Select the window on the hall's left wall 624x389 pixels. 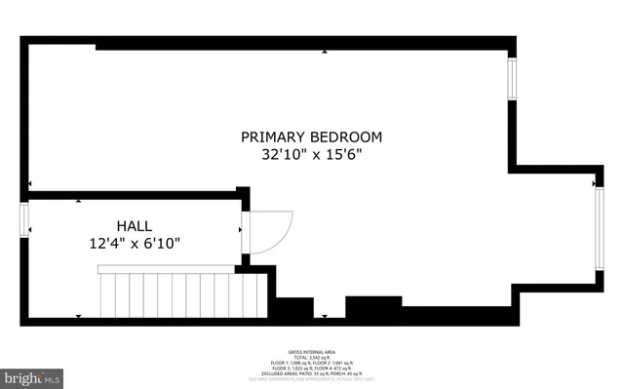(25, 229)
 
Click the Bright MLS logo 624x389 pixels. (31, 375)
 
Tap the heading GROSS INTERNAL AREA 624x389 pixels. (311, 348)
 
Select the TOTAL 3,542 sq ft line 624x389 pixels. (311, 354)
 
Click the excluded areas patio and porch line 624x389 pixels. (311, 371)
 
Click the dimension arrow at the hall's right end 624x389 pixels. (241, 230)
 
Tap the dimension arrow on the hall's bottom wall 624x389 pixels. (78, 316)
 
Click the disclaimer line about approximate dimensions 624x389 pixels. (311, 377)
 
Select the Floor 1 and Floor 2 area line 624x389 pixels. (311, 360)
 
